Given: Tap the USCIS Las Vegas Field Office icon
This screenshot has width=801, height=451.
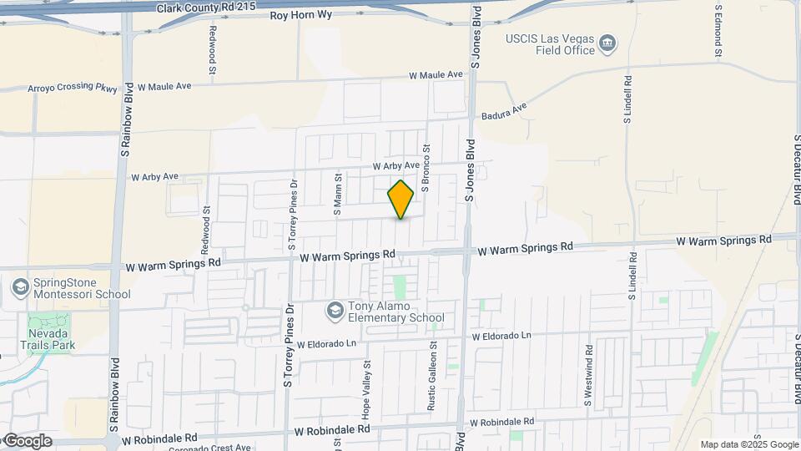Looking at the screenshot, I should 608,42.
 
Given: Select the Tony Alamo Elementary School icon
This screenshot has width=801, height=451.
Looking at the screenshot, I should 335,311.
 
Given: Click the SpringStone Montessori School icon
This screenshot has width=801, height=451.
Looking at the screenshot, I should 20,287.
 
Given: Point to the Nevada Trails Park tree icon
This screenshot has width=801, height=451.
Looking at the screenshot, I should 37,322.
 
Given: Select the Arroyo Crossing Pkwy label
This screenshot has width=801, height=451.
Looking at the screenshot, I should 73,87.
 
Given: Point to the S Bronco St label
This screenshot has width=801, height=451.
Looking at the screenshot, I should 425,168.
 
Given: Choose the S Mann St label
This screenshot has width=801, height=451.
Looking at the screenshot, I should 339,195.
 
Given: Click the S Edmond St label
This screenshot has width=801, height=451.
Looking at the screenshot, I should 718,31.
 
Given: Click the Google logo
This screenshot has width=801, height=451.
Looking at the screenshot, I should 27,441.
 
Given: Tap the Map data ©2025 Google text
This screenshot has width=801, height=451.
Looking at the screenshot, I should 749,445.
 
